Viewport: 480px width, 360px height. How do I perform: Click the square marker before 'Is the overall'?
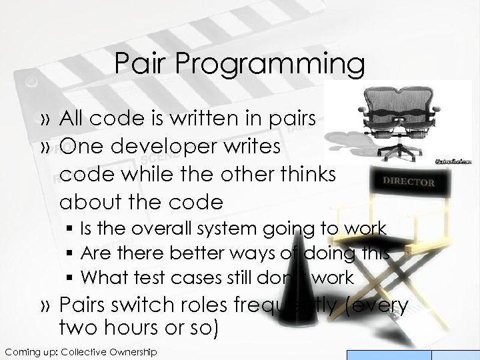click(71, 229)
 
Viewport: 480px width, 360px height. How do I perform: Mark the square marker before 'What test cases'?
click(71, 276)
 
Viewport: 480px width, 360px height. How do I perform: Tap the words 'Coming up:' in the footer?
click(31, 351)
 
